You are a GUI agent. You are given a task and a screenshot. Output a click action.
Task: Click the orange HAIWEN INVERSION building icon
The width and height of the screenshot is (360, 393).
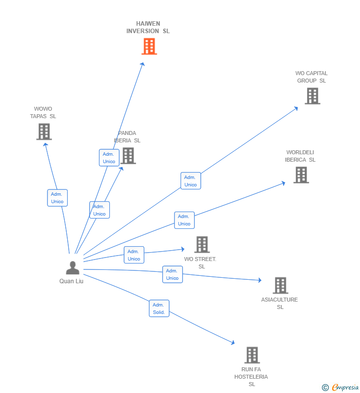(149, 46)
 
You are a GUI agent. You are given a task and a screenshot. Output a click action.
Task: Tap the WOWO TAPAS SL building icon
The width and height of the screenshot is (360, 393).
(44, 131)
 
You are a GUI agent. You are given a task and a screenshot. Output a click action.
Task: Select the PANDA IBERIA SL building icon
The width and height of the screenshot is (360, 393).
(128, 156)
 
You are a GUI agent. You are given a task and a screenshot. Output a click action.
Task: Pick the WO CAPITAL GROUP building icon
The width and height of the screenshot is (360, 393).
(312, 96)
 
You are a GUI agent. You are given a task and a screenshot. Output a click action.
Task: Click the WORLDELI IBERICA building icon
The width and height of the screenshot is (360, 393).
(301, 175)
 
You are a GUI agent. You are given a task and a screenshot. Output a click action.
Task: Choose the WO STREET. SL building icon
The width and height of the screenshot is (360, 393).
(202, 245)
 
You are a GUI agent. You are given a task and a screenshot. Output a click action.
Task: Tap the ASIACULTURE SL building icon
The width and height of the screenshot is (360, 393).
(280, 285)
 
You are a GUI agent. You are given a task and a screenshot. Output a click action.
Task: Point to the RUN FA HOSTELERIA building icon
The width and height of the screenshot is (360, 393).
(252, 355)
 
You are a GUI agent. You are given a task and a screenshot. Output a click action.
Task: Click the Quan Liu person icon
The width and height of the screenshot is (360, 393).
(73, 268)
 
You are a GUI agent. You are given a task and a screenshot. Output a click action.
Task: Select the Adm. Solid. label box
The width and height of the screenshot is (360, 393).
(159, 308)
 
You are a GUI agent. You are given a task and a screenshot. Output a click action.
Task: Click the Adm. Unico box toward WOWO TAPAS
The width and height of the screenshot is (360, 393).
(57, 198)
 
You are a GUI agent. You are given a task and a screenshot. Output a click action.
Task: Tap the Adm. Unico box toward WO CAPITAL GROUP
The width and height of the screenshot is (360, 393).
(190, 181)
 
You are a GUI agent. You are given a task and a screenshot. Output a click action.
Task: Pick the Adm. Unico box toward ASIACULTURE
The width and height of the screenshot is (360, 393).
(173, 274)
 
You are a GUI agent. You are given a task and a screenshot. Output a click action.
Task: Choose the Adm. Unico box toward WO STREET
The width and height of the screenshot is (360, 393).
(134, 255)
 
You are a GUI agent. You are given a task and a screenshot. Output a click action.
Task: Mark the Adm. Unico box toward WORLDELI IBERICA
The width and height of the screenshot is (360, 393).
(184, 220)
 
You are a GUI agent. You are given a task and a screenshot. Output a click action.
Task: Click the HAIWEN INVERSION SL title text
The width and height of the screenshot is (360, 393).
(148, 27)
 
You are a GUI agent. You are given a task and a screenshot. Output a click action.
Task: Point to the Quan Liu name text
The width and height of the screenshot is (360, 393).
(71, 281)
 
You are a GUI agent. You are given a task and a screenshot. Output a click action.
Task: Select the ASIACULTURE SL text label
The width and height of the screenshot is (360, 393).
(279, 303)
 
